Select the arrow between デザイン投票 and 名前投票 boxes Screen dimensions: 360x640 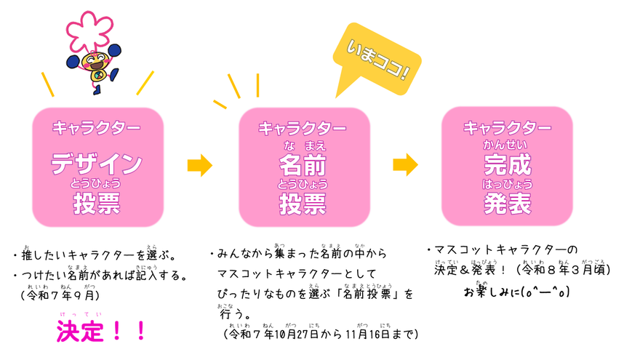(x=199, y=165)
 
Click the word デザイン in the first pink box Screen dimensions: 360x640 (x=97, y=164)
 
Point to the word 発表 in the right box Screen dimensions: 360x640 (x=507, y=203)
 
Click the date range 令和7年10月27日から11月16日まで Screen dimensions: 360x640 (x=320, y=334)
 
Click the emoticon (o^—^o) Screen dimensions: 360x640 (x=543, y=292)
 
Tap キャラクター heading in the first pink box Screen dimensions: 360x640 (x=97, y=128)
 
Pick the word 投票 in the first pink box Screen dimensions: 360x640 (x=97, y=204)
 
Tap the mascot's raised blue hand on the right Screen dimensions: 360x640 (x=114, y=51)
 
